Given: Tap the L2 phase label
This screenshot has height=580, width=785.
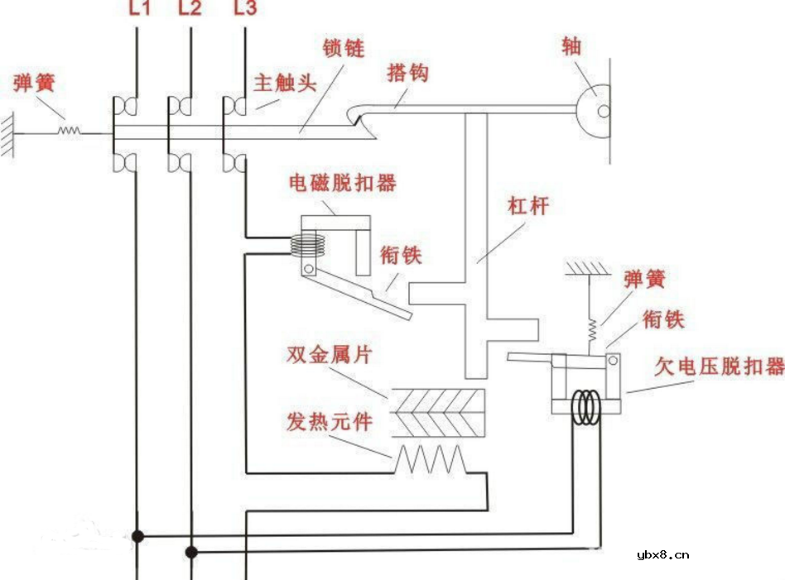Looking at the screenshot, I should click(190, 10).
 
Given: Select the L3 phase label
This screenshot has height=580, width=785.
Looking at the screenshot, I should click(245, 10).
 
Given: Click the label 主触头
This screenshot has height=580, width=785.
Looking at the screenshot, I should click(286, 84).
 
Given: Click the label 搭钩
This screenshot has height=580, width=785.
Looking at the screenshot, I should click(408, 73).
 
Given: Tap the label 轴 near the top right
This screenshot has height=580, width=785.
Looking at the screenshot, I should click(571, 46).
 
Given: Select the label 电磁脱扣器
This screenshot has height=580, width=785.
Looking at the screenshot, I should click(342, 183).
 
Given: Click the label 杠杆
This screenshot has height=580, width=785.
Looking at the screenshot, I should click(527, 207).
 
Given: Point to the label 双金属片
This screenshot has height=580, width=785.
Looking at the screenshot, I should click(330, 355).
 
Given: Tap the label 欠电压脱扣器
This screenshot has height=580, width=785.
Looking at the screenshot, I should click(719, 367).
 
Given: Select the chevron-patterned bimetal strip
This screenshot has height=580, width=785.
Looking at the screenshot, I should click(437, 411).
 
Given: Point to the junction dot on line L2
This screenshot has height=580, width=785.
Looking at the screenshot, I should click(190, 551).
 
